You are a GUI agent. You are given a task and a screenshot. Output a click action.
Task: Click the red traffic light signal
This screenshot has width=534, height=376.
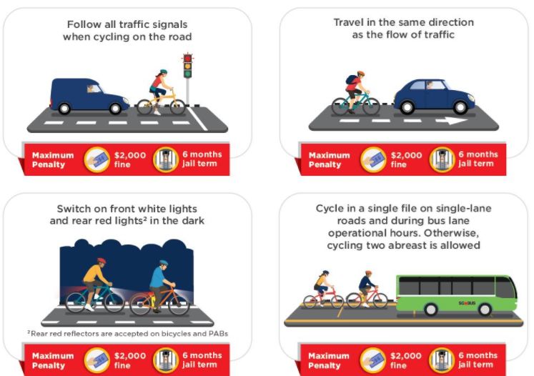coord(187,58)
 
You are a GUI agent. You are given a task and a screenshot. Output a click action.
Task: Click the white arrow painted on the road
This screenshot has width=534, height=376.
coord(451,121)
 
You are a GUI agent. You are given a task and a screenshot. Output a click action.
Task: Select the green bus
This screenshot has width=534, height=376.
coord(456,295)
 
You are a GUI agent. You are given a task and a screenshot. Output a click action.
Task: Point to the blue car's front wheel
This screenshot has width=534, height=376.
coord(460,107)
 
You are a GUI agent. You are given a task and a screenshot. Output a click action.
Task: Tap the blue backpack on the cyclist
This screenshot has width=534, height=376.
coord(350,79)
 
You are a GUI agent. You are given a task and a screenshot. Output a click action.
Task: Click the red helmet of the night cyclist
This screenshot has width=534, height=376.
coord(102,261)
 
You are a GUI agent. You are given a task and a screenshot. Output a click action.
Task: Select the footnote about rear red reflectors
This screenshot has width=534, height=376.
coord(128,333)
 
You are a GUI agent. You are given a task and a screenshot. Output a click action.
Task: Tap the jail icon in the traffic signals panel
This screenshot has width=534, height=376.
coord(166,159)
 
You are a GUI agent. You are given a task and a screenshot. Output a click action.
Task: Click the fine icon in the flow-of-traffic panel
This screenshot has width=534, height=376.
coord(373,159)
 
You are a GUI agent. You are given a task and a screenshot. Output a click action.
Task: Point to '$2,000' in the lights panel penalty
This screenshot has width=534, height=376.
coord(130,356)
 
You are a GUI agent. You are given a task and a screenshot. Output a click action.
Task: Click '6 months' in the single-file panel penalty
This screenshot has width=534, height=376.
coord(478,355)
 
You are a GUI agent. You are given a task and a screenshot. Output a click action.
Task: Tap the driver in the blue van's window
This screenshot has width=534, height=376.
coord(92,89)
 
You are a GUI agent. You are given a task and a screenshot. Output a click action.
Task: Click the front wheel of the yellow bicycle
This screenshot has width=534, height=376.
coord(177,107)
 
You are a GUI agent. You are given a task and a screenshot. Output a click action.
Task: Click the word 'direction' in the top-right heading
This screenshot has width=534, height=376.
coord(451,22)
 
